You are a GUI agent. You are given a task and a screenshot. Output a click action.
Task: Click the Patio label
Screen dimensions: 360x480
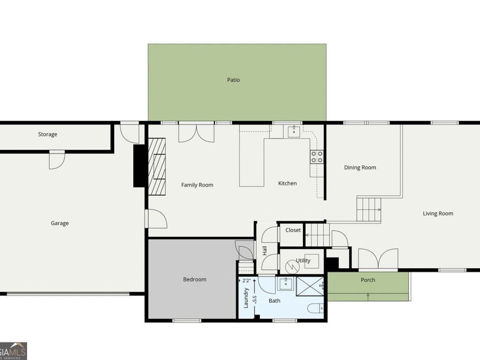point(233,80)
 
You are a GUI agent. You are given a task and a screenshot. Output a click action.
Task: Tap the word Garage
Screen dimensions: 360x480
point(60,223)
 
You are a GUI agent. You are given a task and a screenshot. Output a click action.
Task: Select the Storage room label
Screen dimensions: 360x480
point(47,134)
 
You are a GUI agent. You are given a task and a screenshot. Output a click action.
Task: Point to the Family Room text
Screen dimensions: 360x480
point(197,185)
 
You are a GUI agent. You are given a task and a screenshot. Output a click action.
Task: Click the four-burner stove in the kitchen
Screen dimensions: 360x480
point(317,156)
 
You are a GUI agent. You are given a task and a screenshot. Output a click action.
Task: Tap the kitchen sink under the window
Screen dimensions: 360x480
point(293,131)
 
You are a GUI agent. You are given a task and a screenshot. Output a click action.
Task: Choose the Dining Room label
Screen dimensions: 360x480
point(360,167)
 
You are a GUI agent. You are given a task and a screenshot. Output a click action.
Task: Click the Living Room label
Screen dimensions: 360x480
point(438,213)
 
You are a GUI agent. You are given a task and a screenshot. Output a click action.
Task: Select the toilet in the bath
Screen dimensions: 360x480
point(317,308)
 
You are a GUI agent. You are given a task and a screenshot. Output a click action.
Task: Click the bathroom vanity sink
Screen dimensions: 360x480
point(286,284)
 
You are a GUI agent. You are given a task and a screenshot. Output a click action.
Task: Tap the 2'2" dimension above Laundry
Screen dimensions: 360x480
point(246,280)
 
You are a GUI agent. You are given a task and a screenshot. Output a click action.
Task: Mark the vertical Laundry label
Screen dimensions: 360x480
point(246,298)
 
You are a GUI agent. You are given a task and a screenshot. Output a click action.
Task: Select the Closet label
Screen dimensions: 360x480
point(293,230)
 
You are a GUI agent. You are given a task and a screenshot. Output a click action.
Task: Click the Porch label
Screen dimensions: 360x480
point(367,280)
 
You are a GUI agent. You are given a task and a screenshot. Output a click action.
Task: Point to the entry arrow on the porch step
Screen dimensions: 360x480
point(368,297)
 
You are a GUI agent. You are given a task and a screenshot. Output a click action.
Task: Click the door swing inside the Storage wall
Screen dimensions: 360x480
point(56,159)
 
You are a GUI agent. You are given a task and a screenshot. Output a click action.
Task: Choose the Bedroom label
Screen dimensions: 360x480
point(194,279)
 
